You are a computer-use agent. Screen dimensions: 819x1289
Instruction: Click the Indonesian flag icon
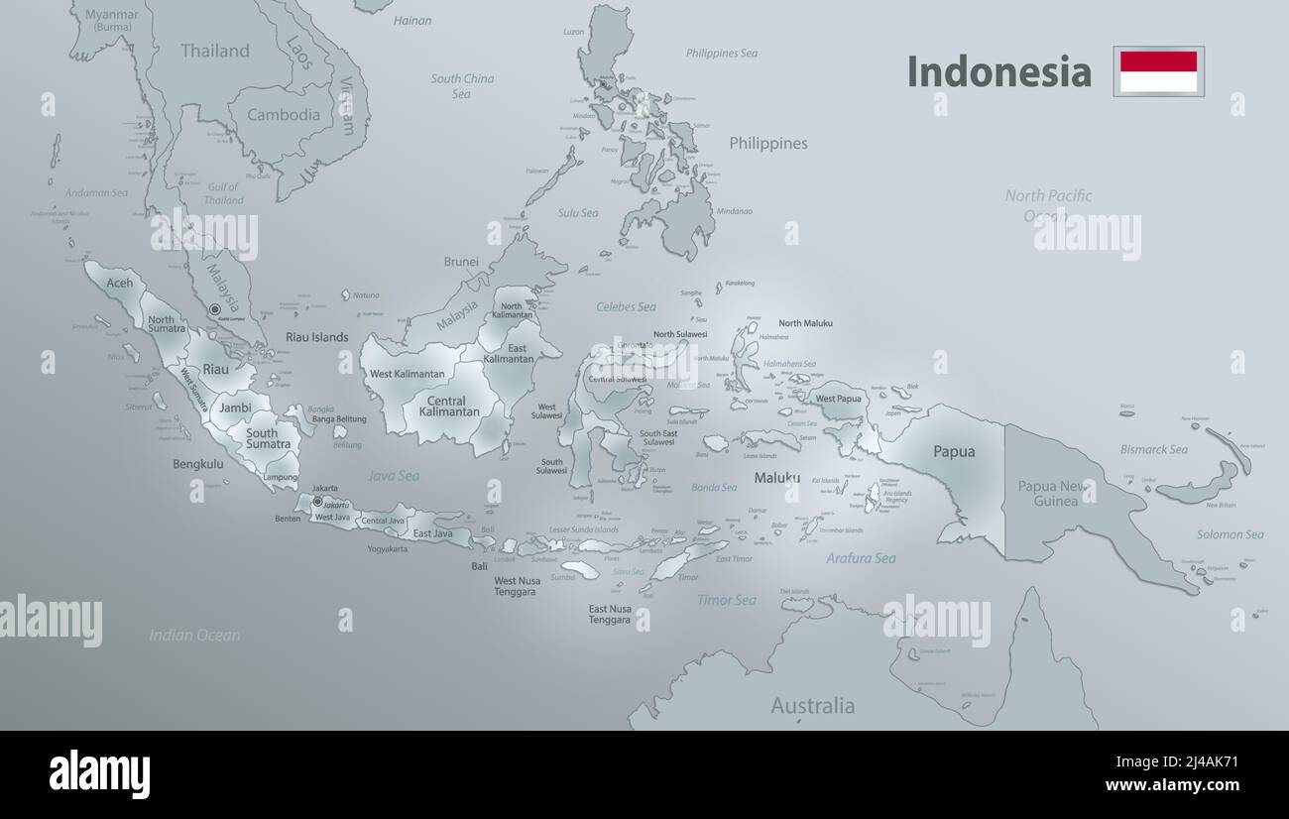[1158, 71]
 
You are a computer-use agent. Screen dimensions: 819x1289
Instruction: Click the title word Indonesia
[998, 72]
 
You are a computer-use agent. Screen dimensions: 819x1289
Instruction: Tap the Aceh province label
[119, 284]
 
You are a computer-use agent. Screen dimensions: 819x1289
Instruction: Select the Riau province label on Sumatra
[215, 369]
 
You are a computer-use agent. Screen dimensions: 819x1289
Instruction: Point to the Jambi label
[235, 408]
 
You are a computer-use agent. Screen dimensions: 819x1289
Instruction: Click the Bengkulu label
[197, 463]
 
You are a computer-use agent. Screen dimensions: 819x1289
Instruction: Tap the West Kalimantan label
[407, 374]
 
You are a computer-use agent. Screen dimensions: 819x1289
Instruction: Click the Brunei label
[461, 262]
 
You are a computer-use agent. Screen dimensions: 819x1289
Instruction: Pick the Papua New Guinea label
[1053, 493]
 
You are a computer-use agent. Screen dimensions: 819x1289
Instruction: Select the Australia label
[812, 706]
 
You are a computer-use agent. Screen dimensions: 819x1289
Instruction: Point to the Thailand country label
[215, 51]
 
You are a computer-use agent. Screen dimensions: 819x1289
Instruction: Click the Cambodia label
[284, 114]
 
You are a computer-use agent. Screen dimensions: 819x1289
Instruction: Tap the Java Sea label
[394, 476]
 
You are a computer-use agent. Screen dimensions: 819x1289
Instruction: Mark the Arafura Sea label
[861, 558]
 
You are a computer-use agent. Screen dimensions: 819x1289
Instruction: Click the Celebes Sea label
[626, 307]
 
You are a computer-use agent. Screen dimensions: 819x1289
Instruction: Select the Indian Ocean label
[194, 635]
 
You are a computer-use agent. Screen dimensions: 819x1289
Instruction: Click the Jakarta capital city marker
[317, 502]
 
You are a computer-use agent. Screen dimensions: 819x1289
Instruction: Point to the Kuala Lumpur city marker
[214, 310]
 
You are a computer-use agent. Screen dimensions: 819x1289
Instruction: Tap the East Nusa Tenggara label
[610, 614]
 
